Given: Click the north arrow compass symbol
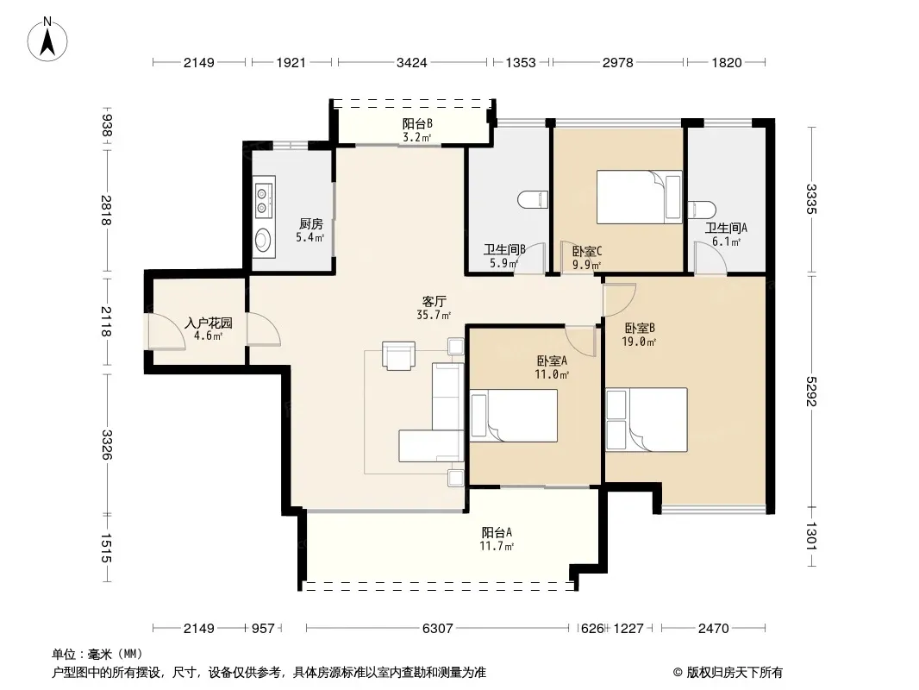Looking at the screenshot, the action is click(x=47, y=40).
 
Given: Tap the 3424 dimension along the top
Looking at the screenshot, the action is click(x=411, y=62).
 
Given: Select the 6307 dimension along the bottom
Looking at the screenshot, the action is click(x=437, y=629).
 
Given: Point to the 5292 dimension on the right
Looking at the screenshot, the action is click(x=811, y=391).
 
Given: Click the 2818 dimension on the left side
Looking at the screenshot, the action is click(x=106, y=210).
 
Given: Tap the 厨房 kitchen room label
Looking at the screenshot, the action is click(x=310, y=224).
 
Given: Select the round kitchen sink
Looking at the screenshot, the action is click(x=263, y=240).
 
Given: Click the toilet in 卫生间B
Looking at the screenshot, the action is click(x=533, y=200).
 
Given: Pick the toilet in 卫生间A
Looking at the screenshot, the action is click(x=702, y=210).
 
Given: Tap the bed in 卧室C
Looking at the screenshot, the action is click(x=640, y=197).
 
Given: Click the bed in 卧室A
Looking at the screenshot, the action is click(x=514, y=416).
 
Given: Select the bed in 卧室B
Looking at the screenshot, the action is click(x=647, y=420).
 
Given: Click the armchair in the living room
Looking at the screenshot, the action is click(x=398, y=356).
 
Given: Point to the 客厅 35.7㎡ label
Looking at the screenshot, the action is click(x=433, y=308).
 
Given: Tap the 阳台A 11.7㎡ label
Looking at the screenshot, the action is click(x=497, y=539).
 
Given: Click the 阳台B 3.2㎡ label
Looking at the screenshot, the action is click(x=416, y=131).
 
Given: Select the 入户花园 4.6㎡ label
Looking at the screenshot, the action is click(x=209, y=329).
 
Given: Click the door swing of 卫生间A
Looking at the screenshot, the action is click(x=710, y=258).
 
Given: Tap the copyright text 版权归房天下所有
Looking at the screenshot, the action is click(x=735, y=673).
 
